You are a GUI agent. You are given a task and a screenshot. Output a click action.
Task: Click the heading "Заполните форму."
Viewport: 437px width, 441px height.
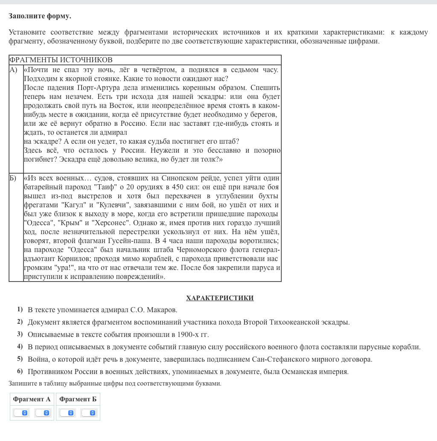[x=40, y=16]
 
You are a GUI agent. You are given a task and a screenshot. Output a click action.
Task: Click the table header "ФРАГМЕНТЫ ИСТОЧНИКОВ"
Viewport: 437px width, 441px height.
[x=61, y=60]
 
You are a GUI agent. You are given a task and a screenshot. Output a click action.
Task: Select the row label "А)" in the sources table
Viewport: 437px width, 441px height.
[x=14, y=70]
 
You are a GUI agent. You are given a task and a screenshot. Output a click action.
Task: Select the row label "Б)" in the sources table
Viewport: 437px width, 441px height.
[x=13, y=178]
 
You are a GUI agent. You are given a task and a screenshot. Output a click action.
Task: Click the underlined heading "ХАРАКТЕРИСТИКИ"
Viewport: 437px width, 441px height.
[x=220, y=298]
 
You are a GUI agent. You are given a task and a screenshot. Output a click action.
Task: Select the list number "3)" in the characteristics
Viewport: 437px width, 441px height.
[x=20, y=334]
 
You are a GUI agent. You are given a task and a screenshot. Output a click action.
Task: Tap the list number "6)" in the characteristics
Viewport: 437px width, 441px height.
[x=20, y=371]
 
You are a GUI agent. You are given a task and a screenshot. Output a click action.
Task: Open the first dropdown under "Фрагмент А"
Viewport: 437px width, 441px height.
[x=21, y=413]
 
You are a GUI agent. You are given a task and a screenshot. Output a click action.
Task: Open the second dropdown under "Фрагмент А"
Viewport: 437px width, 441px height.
[x=43, y=413]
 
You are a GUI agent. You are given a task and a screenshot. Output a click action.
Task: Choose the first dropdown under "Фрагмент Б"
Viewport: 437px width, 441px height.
[x=67, y=413]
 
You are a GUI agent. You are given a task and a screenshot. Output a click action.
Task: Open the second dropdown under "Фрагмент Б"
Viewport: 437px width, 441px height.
[x=89, y=413]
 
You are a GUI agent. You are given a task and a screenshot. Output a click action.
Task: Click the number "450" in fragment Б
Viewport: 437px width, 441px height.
[x=178, y=187]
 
